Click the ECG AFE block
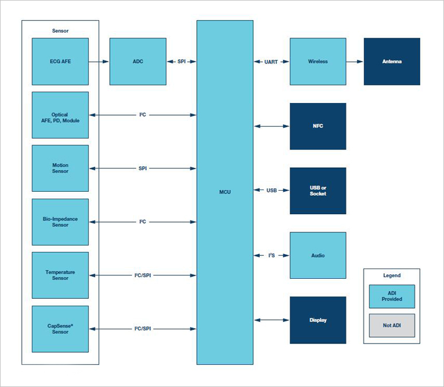pyautogui.click(x=60, y=61)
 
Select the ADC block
pyautogui.click(x=138, y=61)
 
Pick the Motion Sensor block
pyautogui.click(x=60, y=168)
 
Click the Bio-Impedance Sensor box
pyautogui.click(x=60, y=222)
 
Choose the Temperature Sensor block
pyautogui.click(x=60, y=275)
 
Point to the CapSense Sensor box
pyautogui.click(x=60, y=329)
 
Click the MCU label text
pyautogui.click(x=225, y=192)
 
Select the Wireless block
pyautogui.click(x=318, y=61)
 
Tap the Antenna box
pyautogui.click(x=392, y=61)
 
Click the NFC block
pyautogui.click(x=318, y=126)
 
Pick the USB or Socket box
pyautogui.click(x=318, y=191)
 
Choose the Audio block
pyautogui.click(x=318, y=255)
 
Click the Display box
pyautogui.click(x=318, y=320)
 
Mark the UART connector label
pyautogui.click(x=271, y=61)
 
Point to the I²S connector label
pyautogui.click(x=271, y=255)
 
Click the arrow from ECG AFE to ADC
pyautogui.click(x=99, y=61)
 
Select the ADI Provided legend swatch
pyautogui.click(x=392, y=297)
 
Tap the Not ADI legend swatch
pyautogui.click(x=392, y=325)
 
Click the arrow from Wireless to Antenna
pyautogui.click(x=355, y=61)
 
